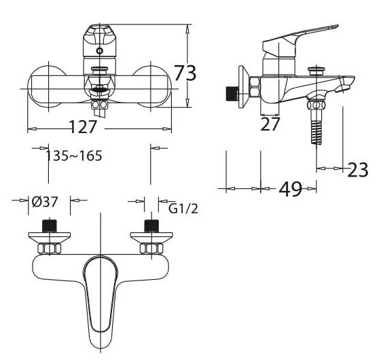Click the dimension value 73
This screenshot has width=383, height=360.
[x=185, y=73]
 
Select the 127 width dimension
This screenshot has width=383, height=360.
[x=82, y=127]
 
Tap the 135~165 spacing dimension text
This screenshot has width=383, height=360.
[x=74, y=156]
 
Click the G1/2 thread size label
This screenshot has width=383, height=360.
[x=183, y=209]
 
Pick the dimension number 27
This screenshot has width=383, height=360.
[x=271, y=124]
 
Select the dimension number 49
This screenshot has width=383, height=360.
[x=290, y=189]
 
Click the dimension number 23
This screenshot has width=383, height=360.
[x=357, y=169]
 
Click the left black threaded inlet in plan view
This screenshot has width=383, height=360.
[x=49, y=226]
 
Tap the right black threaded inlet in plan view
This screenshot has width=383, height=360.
[x=151, y=226]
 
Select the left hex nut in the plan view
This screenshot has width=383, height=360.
[x=49, y=249]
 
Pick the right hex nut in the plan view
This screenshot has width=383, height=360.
[x=151, y=249]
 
